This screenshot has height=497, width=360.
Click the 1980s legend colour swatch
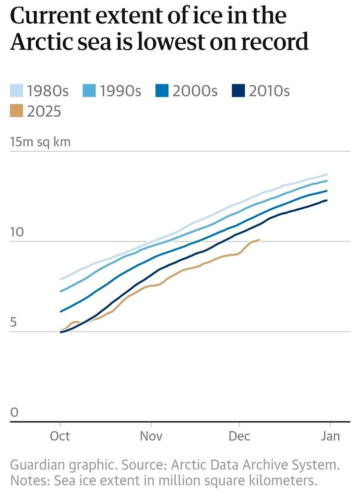(16, 91)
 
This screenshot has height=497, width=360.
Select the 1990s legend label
(121, 91)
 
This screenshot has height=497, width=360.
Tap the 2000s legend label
(195, 91)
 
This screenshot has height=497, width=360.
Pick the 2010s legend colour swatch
(239, 91)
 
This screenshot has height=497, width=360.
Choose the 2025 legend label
(44, 111)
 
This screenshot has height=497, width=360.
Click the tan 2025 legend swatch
(16, 111)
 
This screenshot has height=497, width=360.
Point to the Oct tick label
(60, 436)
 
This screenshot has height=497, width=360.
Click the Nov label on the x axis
(150, 436)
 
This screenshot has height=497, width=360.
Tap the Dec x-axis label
(239, 436)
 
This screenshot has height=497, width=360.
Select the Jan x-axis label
(330, 436)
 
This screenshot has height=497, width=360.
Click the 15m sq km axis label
(41, 142)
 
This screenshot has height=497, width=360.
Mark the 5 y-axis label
(14, 323)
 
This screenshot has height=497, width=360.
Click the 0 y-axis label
(14, 413)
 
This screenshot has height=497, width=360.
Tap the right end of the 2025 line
(259, 240)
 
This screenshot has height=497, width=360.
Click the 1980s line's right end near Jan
(327, 174)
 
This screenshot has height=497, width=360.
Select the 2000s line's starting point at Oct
(61, 312)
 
